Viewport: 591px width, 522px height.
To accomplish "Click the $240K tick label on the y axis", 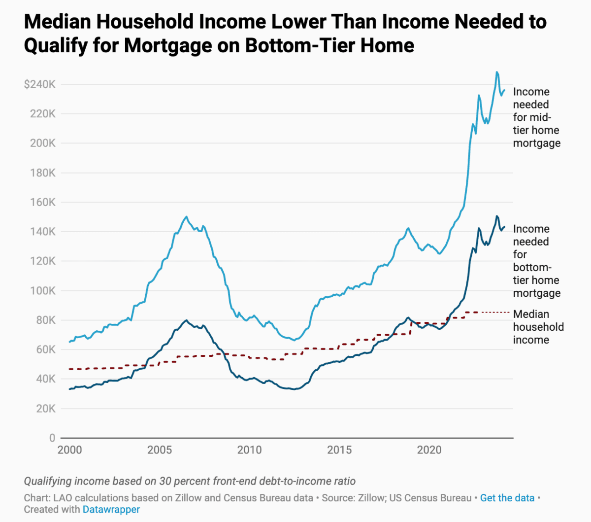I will [x=40, y=84].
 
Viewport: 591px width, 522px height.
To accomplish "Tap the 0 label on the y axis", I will [x=52, y=438].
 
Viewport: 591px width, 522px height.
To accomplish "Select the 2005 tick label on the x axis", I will [x=160, y=450].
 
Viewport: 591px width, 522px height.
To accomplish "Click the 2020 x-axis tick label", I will [x=429, y=450].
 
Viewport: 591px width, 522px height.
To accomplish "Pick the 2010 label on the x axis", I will [x=249, y=450].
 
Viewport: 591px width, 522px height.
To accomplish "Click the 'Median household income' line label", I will [x=538, y=327].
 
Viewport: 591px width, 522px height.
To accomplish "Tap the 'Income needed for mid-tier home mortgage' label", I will [x=536, y=117].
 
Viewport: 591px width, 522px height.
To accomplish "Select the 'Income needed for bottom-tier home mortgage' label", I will [x=536, y=261].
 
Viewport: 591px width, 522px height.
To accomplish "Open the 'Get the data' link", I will [x=507, y=498].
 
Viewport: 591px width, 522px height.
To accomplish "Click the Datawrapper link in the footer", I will [x=111, y=509].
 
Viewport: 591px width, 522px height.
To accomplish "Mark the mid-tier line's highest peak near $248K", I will [x=497, y=72].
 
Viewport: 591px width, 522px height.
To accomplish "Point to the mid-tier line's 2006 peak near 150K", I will [x=186, y=216].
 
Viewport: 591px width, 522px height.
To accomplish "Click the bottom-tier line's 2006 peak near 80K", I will [x=186, y=320].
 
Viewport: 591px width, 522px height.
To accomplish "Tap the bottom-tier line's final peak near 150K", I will [x=497, y=216].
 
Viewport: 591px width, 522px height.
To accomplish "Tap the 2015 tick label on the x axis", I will [x=339, y=450].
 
